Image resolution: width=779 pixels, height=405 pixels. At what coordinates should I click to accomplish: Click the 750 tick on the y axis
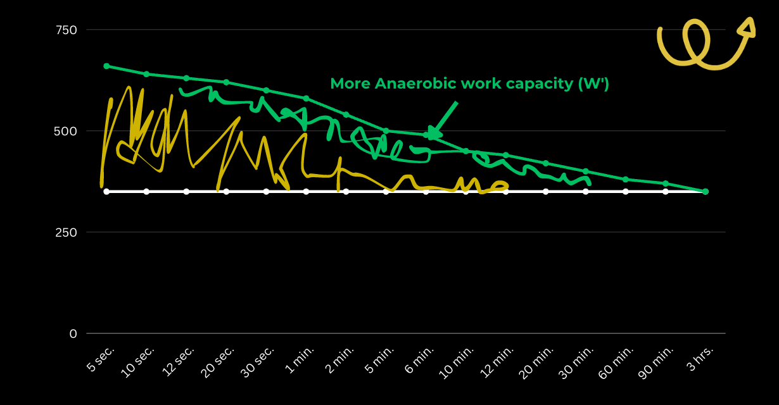click(66, 30)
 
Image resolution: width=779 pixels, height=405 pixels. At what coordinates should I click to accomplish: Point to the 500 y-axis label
click(65, 131)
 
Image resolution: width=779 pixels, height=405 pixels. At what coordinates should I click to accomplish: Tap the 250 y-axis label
click(66, 232)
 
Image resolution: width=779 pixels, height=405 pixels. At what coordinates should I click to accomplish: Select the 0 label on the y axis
click(73, 333)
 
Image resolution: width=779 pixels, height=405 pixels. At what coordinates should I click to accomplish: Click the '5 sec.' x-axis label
click(100, 359)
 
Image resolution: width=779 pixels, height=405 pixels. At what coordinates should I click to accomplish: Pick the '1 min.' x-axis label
click(300, 359)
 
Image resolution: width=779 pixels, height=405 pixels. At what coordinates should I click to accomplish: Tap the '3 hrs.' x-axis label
click(700, 359)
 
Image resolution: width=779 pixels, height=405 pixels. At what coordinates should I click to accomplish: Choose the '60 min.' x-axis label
click(616, 362)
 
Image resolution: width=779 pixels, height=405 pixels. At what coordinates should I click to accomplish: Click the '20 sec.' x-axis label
click(217, 362)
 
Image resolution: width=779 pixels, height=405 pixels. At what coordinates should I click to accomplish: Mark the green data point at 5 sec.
click(107, 66)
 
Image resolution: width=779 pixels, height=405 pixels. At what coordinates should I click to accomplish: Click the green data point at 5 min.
click(386, 131)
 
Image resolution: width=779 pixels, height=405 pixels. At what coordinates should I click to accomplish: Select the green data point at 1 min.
click(307, 99)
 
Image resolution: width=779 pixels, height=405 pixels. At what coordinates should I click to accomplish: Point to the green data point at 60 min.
click(626, 180)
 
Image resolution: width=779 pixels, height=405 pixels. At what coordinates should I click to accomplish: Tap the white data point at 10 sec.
click(146, 192)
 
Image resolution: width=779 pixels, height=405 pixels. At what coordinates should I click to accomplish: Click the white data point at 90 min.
click(666, 192)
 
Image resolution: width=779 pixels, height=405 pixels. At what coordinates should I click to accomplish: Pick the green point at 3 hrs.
click(706, 192)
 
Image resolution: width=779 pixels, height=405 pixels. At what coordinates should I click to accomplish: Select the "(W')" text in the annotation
click(593, 84)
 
